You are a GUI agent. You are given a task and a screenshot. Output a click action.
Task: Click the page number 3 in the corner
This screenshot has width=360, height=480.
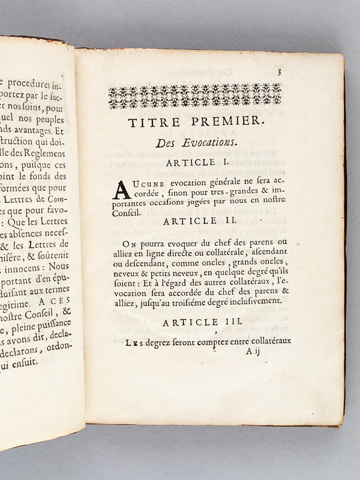[280, 73]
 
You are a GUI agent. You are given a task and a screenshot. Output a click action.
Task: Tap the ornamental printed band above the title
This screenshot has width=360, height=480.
[195, 95]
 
